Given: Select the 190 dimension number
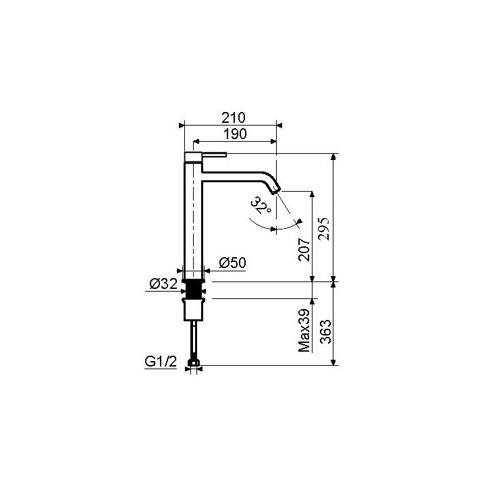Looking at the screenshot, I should pos(234,134).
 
